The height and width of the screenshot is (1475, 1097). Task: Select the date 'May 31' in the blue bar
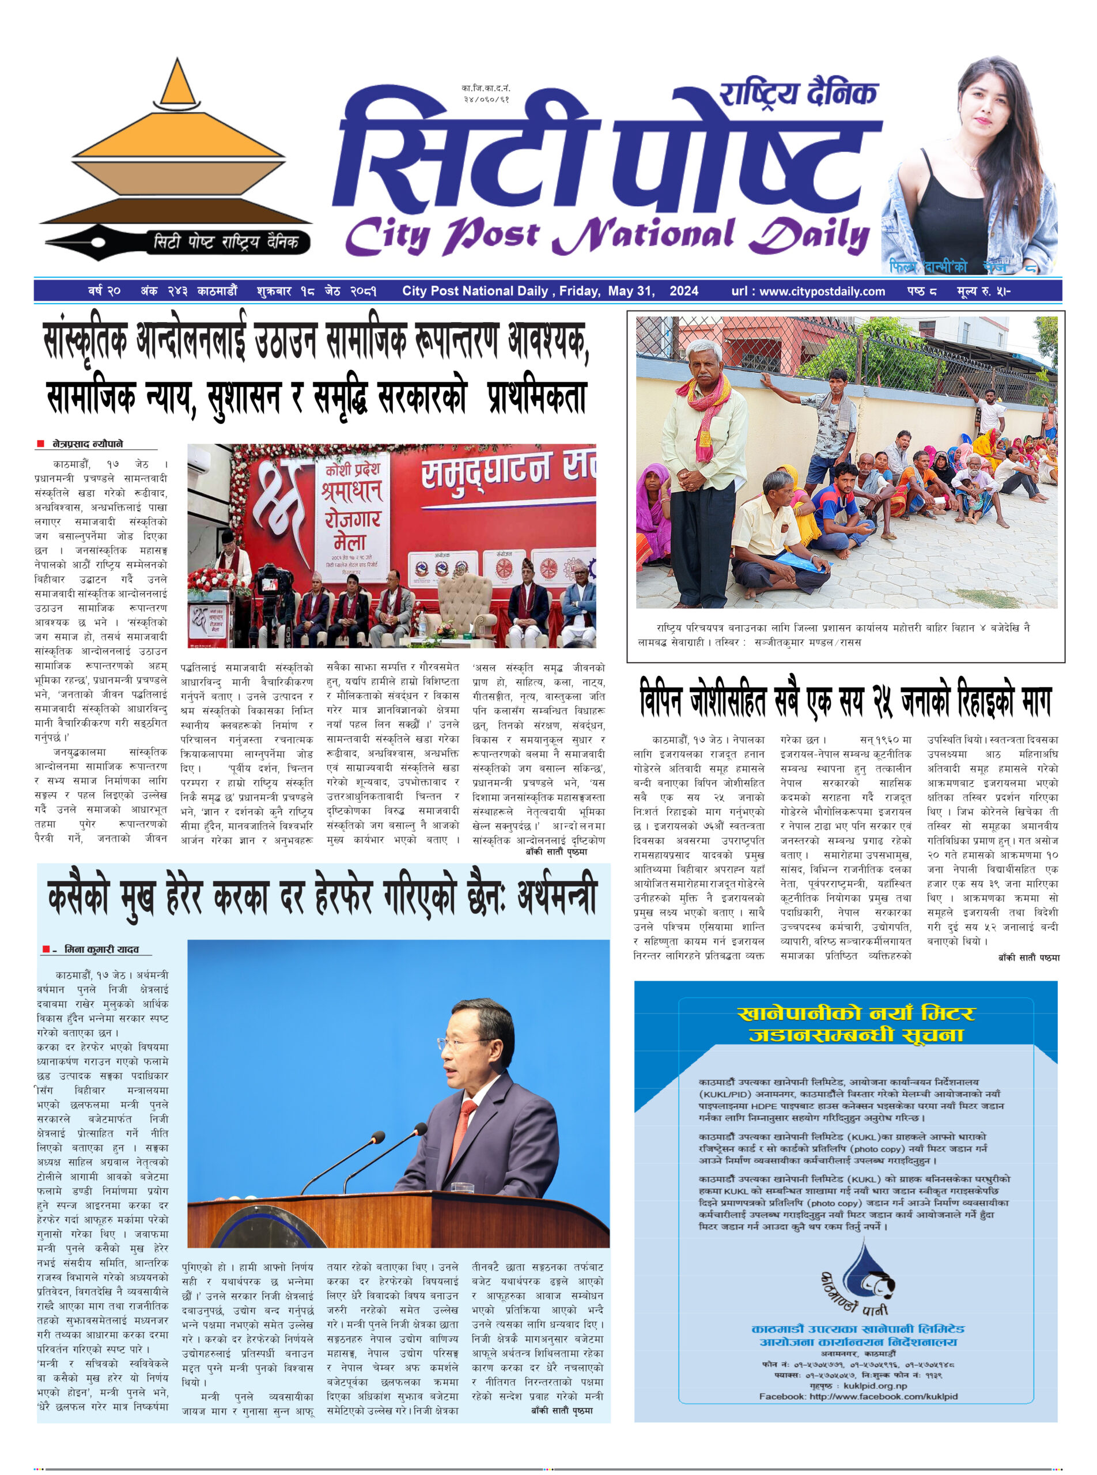[631, 291]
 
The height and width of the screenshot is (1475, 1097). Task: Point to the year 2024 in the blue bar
[683, 291]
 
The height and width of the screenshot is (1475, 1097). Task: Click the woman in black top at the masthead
[966, 166]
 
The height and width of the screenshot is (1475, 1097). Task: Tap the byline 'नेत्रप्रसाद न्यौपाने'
[88, 444]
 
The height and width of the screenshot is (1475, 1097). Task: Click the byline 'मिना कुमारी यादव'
[101, 950]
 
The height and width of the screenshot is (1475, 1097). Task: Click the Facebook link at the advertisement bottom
[858, 1391]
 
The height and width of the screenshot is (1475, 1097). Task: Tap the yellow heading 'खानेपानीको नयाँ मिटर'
[856, 1013]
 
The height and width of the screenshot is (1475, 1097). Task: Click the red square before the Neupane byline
[40, 444]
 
